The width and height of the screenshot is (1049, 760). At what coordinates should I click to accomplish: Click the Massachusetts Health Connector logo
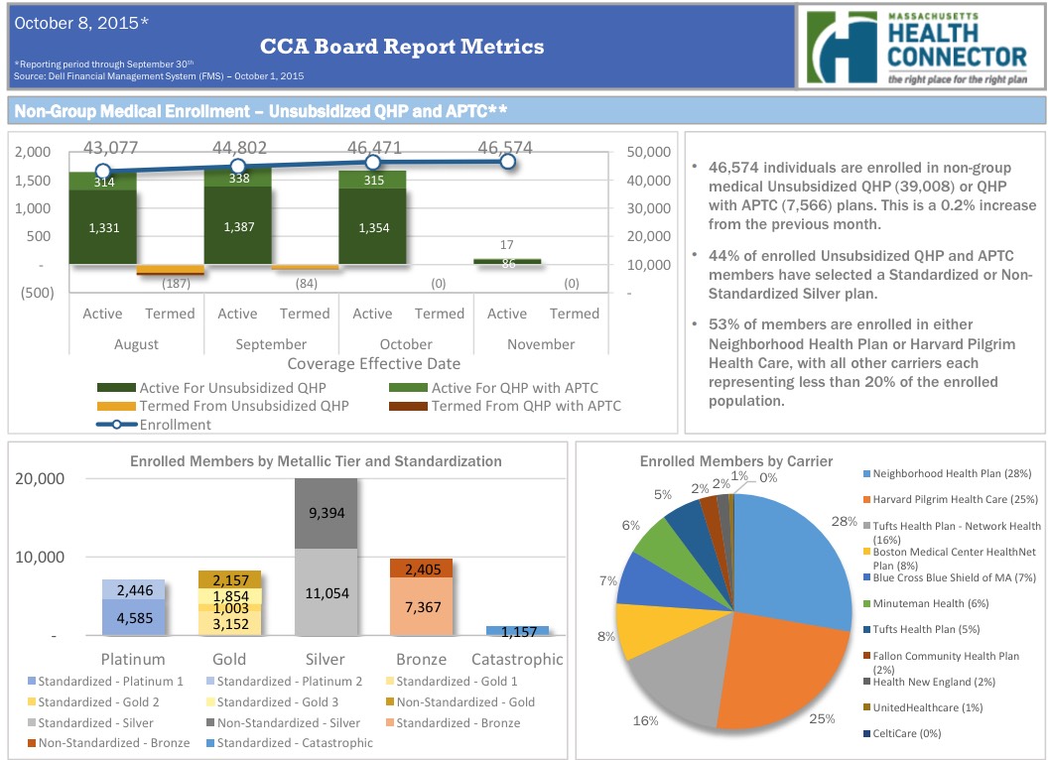(917, 47)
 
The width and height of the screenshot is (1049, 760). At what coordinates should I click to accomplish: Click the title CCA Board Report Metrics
(402, 47)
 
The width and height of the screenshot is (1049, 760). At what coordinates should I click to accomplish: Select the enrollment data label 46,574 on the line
(505, 148)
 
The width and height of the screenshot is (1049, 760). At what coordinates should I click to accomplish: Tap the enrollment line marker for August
(102, 171)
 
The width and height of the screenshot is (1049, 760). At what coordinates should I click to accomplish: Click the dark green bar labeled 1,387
(237, 226)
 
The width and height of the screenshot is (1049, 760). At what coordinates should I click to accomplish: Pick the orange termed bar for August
(170, 270)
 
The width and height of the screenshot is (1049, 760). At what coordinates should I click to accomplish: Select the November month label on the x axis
(540, 344)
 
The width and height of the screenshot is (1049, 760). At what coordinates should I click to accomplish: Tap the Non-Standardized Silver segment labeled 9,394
(326, 512)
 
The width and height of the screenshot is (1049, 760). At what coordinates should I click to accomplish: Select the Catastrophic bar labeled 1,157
(517, 631)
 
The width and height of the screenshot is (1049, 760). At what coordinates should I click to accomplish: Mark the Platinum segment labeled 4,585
(135, 617)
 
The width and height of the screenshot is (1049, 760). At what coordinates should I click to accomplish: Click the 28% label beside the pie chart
(844, 523)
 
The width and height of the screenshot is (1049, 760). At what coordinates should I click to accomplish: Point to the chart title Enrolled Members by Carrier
(735, 461)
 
